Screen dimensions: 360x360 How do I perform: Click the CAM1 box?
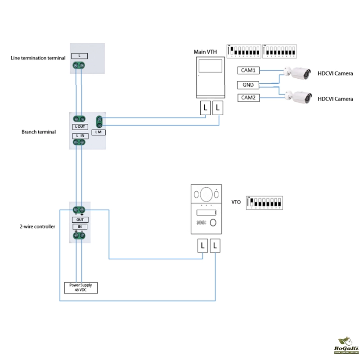(248, 71)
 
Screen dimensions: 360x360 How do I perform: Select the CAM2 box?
(248, 98)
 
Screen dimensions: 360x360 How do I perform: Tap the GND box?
(248, 85)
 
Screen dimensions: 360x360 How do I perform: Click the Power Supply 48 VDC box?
(81, 288)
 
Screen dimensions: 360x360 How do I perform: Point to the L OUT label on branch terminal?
(80, 127)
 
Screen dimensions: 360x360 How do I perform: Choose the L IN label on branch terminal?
(80, 135)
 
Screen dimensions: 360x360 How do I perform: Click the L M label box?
(99, 132)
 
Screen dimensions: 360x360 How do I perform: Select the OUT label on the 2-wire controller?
(80, 220)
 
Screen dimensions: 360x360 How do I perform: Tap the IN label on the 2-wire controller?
(80, 226)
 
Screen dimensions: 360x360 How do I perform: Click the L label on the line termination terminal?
(80, 56)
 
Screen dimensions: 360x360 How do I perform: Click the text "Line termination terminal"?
(38, 58)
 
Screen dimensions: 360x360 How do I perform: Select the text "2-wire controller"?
(38, 227)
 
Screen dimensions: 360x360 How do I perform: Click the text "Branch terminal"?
(39, 132)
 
